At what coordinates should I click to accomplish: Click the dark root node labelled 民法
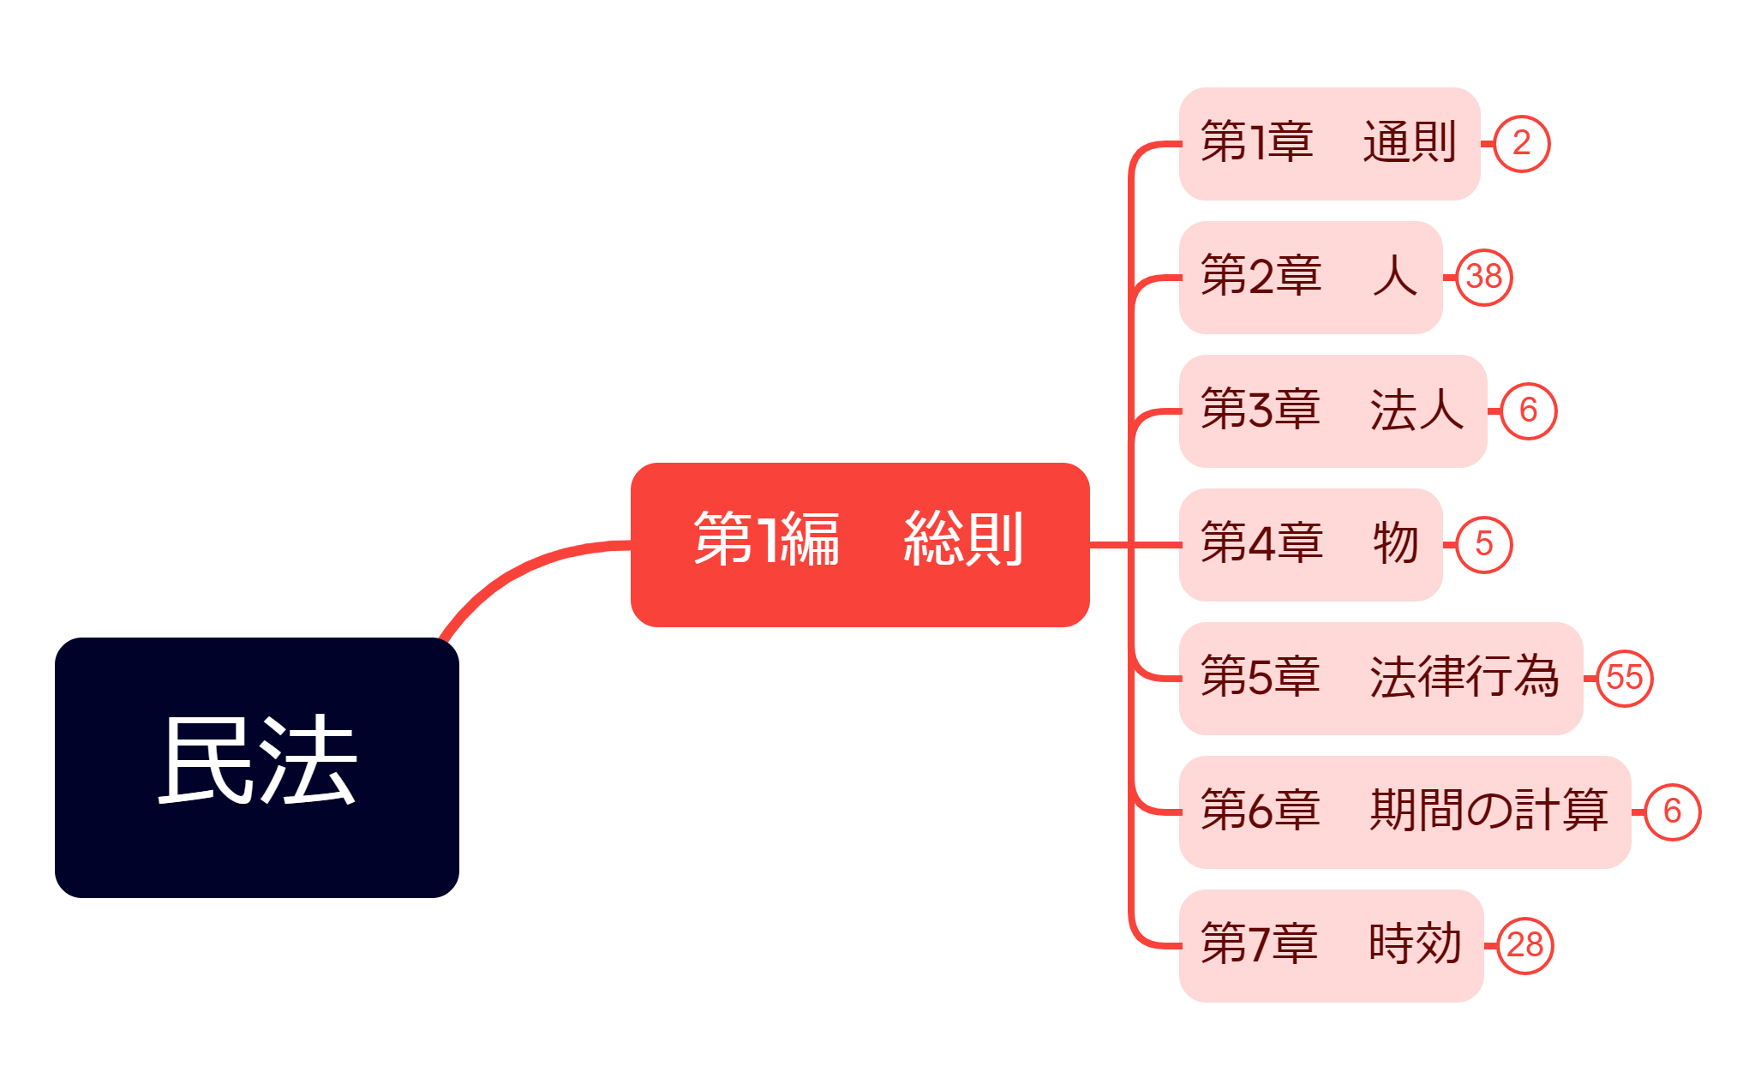(256, 767)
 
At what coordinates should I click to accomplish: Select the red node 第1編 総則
(860, 544)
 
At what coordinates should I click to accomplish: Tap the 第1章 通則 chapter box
(1328, 143)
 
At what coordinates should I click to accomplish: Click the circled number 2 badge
(1521, 143)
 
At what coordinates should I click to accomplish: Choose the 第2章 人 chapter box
(1309, 277)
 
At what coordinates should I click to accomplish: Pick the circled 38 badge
(1484, 277)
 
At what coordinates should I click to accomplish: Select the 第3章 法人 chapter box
(1332, 410)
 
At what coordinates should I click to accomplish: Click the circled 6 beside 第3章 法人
(1528, 410)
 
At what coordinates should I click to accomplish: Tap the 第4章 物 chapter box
(1309, 544)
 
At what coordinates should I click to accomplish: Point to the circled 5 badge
(1484, 544)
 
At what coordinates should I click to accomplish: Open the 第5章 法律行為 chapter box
(1380, 678)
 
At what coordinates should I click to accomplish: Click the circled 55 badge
(1624, 678)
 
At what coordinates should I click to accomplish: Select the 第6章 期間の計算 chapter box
(1404, 812)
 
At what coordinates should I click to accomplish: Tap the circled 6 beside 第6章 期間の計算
(1672, 812)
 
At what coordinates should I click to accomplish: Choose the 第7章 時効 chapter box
(1330, 945)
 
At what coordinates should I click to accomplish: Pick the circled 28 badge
(1524, 945)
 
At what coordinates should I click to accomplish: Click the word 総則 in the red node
(963, 539)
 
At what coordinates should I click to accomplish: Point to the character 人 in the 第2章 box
(1394, 276)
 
